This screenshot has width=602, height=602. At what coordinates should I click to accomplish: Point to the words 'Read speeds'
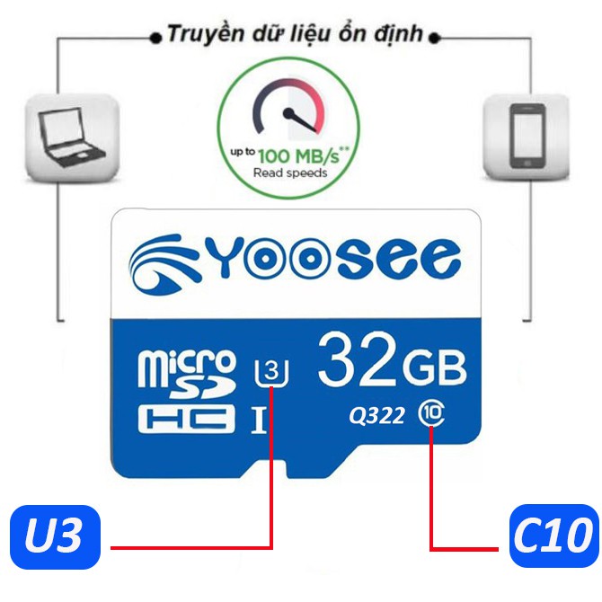(x=290, y=173)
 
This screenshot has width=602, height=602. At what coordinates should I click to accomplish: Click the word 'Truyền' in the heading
(x=202, y=36)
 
